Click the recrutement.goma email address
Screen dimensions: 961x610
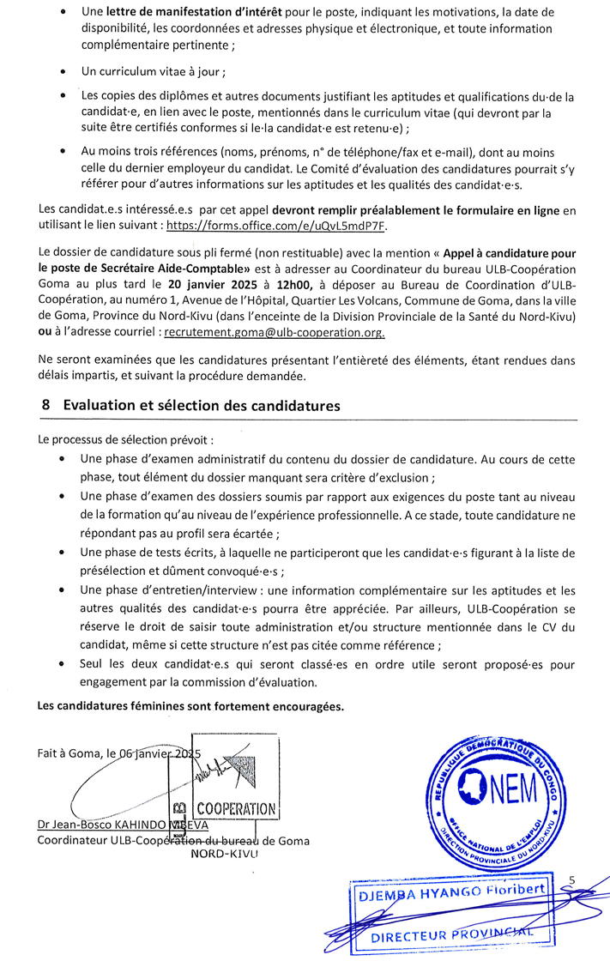click(274, 332)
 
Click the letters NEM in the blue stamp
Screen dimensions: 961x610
click(512, 788)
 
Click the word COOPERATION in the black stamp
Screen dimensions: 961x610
click(236, 808)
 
